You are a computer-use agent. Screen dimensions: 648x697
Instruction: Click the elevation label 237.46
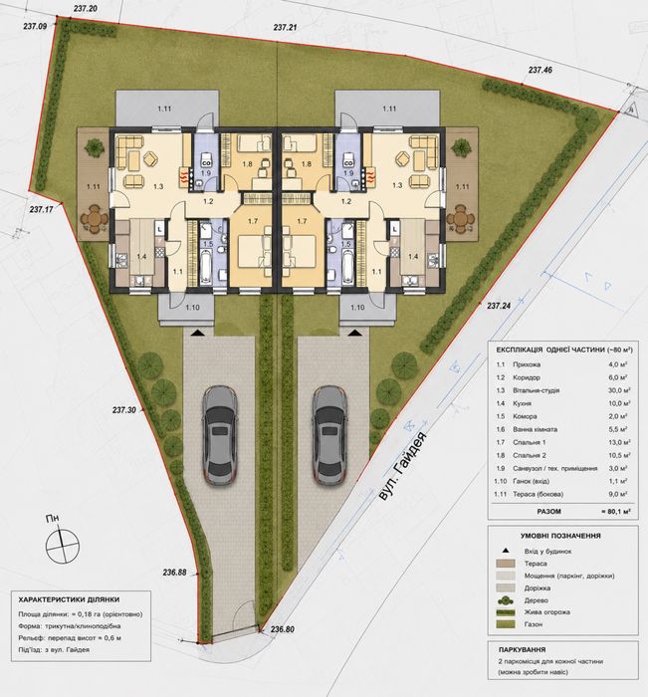(540, 70)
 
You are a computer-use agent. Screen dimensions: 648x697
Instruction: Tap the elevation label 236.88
(174, 573)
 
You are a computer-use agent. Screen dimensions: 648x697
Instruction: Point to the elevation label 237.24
(499, 306)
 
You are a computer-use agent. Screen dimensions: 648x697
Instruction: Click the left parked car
(220, 435)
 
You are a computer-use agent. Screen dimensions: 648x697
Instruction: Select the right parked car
(329, 435)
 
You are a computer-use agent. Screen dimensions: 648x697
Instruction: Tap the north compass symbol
(63, 546)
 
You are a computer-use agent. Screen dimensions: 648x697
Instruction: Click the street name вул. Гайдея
(403, 466)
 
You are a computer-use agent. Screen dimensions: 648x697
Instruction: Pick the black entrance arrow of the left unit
(198, 332)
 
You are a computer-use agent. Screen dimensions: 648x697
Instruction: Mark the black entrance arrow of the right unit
(354, 332)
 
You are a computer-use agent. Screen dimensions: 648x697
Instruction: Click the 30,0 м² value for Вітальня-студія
(619, 390)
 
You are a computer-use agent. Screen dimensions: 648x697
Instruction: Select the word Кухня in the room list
(523, 403)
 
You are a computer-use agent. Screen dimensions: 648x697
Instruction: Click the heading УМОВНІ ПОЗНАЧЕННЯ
(560, 536)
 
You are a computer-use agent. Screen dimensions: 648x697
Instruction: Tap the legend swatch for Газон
(506, 624)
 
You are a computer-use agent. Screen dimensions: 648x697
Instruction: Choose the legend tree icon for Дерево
(506, 600)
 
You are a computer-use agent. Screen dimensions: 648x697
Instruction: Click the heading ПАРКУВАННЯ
(522, 649)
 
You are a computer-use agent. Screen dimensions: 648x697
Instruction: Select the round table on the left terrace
(94, 219)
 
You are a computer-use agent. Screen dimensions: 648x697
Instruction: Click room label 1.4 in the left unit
(141, 257)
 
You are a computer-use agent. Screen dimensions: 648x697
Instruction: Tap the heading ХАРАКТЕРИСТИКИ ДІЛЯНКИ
(69, 599)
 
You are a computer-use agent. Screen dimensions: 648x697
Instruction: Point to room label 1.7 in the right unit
(303, 221)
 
